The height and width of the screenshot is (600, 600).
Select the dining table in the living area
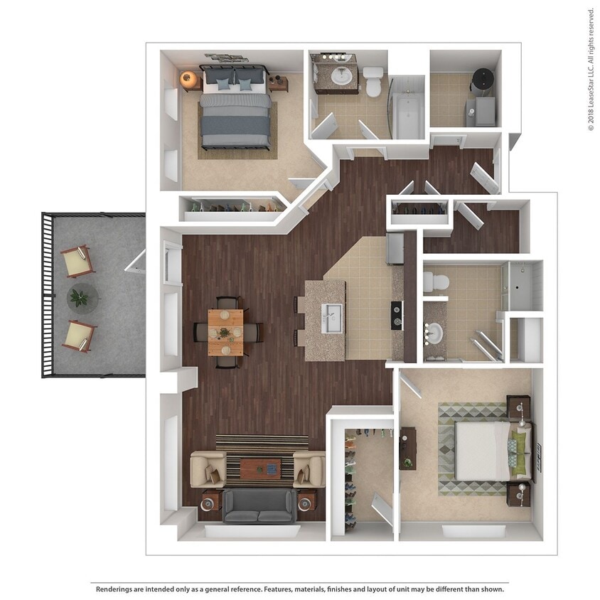(x=225, y=332)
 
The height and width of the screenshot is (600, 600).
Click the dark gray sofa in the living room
(x=259, y=505)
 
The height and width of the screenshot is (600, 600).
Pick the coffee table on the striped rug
(x=259, y=468)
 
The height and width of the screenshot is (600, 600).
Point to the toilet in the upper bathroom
(x=373, y=80)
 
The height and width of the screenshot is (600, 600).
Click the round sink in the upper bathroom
(x=344, y=75)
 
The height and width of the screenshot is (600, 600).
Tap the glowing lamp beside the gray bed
(x=188, y=79)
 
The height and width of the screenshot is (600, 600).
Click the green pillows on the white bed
(x=519, y=450)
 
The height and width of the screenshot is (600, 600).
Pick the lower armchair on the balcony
(x=79, y=336)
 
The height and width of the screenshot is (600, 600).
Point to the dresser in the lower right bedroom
(x=407, y=448)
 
